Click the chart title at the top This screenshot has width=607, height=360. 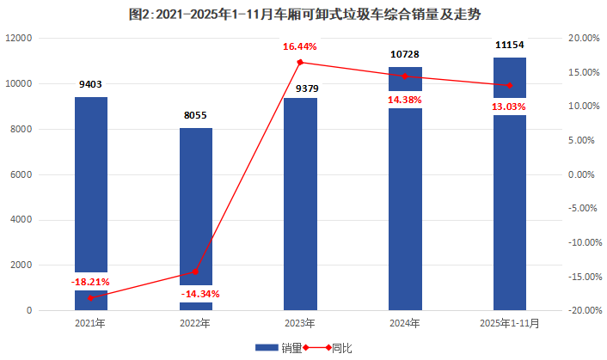click(x=303, y=13)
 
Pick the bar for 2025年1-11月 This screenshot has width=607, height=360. click(x=509, y=206)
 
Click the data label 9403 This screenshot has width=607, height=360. click(x=90, y=84)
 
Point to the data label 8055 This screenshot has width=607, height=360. click(x=195, y=115)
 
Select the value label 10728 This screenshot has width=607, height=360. click(x=405, y=54)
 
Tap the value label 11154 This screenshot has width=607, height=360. click(x=509, y=45)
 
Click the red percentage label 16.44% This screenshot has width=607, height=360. click(x=300, y=46)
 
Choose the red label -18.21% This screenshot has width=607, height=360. click(x=90, y=281)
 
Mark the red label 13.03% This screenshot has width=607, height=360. click(x=509, y=106)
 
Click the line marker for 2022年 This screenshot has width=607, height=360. click(x=195, y=272)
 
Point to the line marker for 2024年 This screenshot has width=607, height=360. click(x=405, y=76)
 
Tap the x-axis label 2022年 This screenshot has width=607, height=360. click(x=195, y=324)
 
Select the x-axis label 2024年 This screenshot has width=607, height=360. click(x=405, y=324)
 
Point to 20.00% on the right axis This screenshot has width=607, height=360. click(x=584, y=39)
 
